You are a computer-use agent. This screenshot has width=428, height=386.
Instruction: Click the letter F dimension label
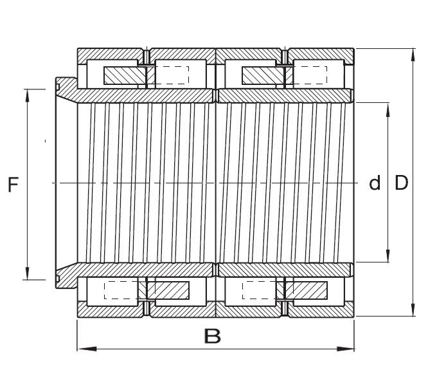coord(12,185)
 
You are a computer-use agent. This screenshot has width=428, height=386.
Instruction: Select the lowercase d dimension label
coord(374,184)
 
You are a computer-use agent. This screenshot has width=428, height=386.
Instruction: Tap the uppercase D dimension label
coord(401,184)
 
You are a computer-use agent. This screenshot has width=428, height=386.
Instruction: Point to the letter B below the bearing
coord(212,336)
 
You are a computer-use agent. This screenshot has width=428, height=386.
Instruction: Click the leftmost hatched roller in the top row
coord(125,75)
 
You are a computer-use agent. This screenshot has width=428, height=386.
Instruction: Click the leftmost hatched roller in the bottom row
coord(168,290)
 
